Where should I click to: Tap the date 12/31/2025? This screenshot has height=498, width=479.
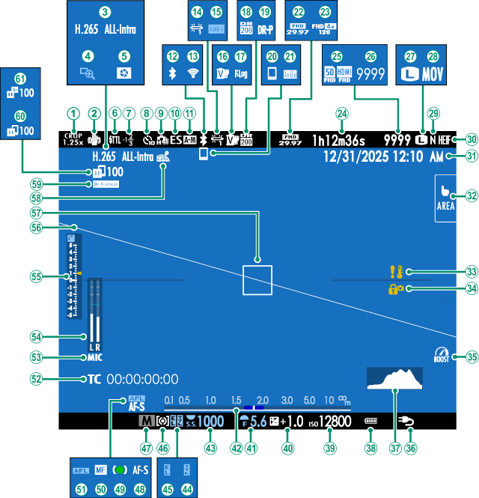point(356,157)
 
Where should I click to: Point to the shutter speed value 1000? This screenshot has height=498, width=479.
point(210,422)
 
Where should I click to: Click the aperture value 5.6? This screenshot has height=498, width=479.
point(257,422)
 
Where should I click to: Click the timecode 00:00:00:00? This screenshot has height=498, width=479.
point(142,379)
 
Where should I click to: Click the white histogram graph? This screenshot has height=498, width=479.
point(394,380)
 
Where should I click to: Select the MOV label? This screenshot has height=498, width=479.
point(433,75)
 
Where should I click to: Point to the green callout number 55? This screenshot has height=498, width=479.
point(35,276)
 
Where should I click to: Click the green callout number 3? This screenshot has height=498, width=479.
point(105,12)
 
